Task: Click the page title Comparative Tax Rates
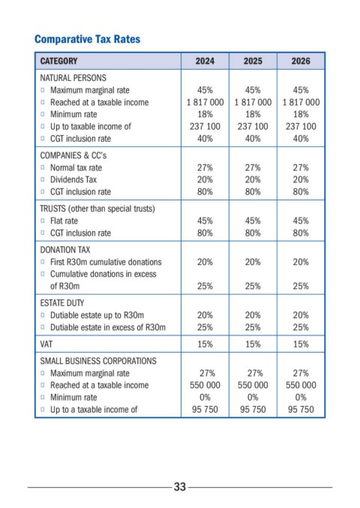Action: [x=88, y=39]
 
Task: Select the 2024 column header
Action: [x=205, y=61]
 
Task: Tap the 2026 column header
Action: [x=301, y=61]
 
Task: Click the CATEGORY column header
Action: [x=59, y=61]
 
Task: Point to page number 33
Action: [x=180, y=487]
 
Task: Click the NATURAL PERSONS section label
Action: [x=73, y=78]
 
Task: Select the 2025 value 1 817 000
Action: [x=253, y=102]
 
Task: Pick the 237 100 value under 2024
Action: [x=205, y=126]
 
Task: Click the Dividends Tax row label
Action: [x=73, y=179]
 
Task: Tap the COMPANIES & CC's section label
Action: [x=73, y=155]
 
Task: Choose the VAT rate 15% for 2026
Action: [x=301, y=344]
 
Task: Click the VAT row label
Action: [x=46, y=344]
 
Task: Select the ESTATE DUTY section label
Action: [x=62, y=303]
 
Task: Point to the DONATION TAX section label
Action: [x=65, y=250]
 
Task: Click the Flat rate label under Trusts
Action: [x=64, y=221]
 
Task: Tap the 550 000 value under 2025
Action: [x=253, y=385]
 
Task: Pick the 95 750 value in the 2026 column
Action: [x=301, y=410]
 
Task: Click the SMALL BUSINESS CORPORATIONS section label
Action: [x=98, y=361]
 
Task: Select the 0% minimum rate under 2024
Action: [x=205, y=397]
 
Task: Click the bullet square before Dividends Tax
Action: [x=43, y=179]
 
